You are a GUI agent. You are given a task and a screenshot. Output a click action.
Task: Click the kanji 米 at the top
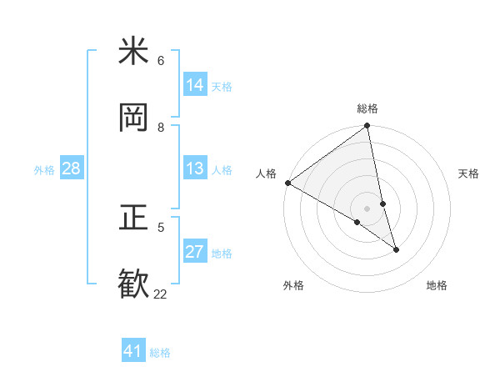133,52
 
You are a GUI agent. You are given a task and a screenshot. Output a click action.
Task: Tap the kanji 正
133,219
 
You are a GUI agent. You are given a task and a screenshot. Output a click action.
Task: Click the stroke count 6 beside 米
161,61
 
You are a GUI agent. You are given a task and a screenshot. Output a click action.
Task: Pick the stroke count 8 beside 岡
161,127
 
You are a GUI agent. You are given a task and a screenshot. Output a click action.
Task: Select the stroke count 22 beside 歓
160,294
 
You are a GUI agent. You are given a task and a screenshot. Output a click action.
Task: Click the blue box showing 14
195,84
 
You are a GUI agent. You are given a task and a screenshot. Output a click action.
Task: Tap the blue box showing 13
195,168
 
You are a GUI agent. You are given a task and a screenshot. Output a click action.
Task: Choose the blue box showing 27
195,252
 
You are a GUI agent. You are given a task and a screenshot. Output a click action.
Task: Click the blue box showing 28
71,168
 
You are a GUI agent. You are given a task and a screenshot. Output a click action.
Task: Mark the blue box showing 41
133,351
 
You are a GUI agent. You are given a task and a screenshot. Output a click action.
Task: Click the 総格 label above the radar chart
367,108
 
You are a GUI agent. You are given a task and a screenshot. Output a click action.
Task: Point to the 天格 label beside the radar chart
469,173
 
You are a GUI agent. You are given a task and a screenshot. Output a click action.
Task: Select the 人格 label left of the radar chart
266,173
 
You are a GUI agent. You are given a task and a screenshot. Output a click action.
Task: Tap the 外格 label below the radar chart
293,285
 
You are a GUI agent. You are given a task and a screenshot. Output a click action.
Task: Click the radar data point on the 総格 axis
367,126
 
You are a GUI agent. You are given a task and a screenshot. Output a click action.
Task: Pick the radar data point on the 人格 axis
288,183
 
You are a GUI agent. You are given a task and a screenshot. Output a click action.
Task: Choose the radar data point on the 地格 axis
396,249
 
